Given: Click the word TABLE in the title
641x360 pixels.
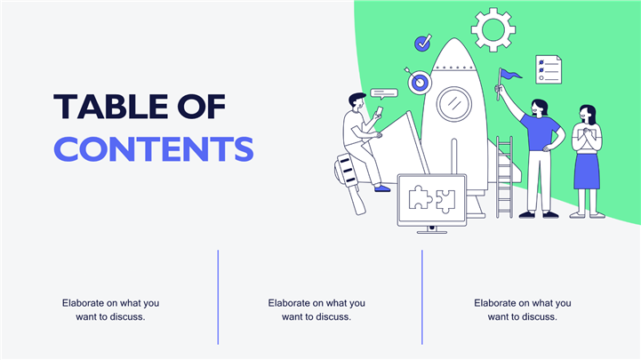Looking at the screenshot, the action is coord(110,107).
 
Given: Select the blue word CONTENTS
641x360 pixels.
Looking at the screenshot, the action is coord(154,149).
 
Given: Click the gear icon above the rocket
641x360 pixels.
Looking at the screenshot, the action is coord(493,29).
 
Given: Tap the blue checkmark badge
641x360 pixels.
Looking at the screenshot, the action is coord(422,43).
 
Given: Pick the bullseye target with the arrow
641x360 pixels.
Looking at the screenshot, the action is coord(418,82).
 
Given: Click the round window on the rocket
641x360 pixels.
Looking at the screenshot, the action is coord(453,104).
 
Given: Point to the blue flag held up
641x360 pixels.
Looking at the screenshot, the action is coord(509,74).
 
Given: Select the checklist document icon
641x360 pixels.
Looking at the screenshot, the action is coord(549,70).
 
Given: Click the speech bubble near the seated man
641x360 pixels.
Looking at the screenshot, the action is coord(384,93).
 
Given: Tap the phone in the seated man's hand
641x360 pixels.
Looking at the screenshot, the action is coord(380,111).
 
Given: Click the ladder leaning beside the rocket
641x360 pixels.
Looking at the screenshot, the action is coord(504,177).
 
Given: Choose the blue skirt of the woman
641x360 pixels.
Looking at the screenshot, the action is coord(587,172).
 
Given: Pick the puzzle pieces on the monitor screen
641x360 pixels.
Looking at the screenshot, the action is coord(432,199).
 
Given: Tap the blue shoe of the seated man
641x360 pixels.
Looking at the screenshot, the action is coord(382,188).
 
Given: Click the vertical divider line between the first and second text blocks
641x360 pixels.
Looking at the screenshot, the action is coord(218,297).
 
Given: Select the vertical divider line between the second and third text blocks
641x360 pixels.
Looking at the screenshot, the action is coord(422,297).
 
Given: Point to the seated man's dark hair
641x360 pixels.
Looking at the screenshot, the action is coord(357,98).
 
